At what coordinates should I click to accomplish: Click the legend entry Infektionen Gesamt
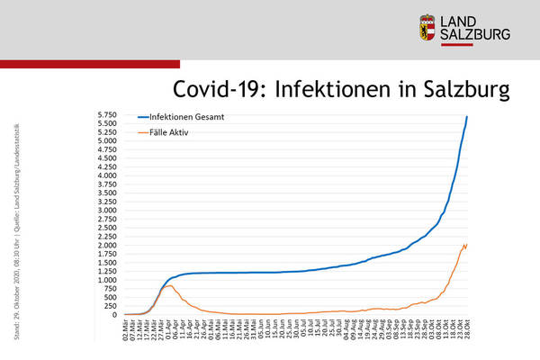[185, 117]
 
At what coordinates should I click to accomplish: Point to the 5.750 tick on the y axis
[107, 114]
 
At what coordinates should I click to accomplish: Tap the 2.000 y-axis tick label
[107, 245]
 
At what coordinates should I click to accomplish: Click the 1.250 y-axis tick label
[107, 271]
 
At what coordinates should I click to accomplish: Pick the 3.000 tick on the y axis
[107, 210]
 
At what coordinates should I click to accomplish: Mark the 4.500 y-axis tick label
[107, 157]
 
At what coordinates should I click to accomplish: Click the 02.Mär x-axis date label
[126, 328]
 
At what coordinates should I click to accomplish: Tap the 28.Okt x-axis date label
[468, 328]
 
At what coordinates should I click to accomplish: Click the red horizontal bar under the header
[90, 64]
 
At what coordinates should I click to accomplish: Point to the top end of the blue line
[467, 116]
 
